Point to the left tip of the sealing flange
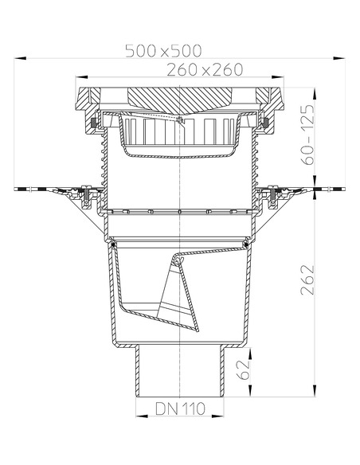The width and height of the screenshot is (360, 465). pyautogui.click(x=18, y=189)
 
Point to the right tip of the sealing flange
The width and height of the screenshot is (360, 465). pyautogui.click(x=343, y=189)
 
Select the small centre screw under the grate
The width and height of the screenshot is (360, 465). pyautogui.click(x=182, y=121)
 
